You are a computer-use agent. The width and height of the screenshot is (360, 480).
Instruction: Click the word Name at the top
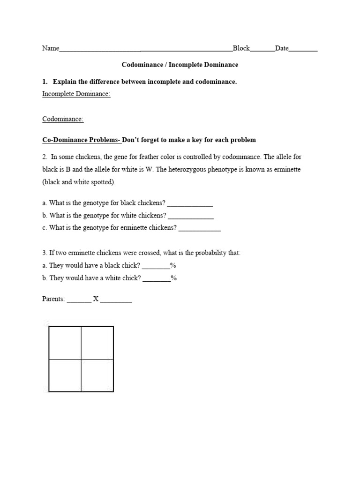(x=51, y=48)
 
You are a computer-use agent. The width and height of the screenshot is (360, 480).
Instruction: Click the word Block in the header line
(x=241, y=48)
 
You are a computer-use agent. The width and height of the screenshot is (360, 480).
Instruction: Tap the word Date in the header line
(x=282, y=48)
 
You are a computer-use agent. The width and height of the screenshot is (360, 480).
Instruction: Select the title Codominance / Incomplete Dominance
(x=180, y=65)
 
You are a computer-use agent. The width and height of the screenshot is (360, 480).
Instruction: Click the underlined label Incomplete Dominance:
(x=76, y=94)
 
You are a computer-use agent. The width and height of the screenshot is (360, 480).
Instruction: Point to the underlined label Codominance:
(x=63, y=119)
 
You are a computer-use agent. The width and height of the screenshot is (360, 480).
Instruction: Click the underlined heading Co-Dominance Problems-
(x=82, y=140)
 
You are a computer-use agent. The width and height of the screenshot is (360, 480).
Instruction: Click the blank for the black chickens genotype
(x=190, y=203)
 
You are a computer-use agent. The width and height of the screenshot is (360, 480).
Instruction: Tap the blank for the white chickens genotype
(x=191, y=216)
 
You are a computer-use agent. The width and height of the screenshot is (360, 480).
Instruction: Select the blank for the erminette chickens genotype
(x=199, y=228)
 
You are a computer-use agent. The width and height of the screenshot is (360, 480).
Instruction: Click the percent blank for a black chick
(x=156, y=266)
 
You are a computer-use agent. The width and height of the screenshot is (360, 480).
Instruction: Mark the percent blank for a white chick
(x=157, y=278)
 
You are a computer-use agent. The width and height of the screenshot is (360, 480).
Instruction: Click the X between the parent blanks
(x=96, y=299)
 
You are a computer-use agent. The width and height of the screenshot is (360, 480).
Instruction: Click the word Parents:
(x=53, y=299)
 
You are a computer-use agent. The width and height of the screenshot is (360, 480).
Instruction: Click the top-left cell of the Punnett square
(x=65, y=343)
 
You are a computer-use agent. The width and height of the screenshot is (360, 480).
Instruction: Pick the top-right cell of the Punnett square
(x=97, y=343)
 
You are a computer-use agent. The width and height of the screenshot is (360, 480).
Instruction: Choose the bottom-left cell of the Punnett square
(x=65, y=375)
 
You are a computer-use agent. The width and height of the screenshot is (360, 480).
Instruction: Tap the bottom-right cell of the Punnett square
(x=97, y=375)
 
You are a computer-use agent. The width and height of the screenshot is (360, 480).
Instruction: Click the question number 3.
(x=44, y=253)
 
